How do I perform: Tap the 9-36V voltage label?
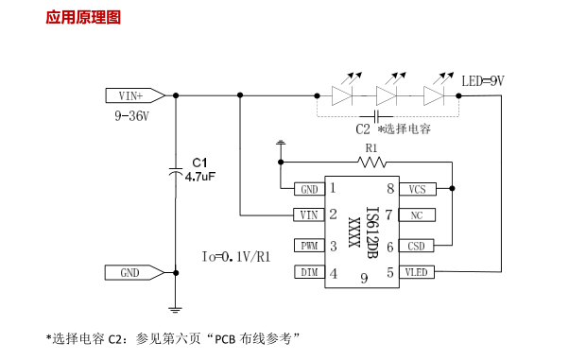coord(131,115)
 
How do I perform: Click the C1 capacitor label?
coord(199,162)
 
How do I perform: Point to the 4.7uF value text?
coord(200,176)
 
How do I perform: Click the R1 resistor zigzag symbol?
coord(371,163)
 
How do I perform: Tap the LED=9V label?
coord(482,81)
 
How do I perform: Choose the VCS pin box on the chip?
coord(417,189)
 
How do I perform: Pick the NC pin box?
coord(417,215)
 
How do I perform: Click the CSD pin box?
coord(417,247)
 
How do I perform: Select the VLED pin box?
coord(417,273)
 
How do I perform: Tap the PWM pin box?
coord(308,247)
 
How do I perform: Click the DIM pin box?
coord(308,273)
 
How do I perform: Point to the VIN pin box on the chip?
coord(308,215)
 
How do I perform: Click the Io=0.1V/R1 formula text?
coord(236,257)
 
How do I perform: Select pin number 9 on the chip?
coord(363,278)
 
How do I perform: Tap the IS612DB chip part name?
coord(371,232)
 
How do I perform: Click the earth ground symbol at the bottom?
coord(175,307)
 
